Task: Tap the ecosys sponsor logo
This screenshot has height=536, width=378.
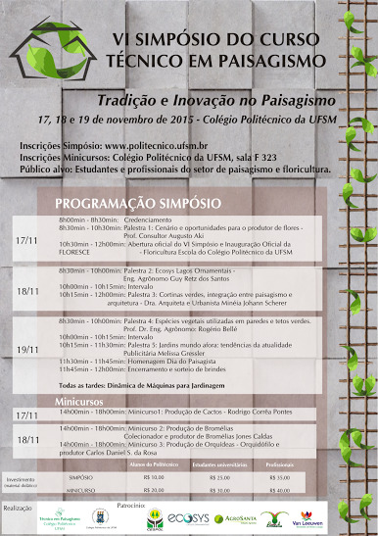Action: pyautogui.click(x=197, y=517)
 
